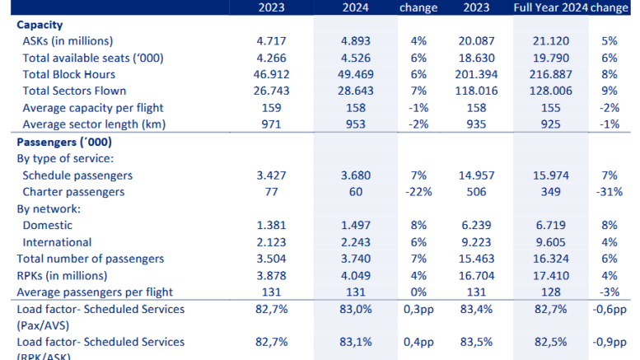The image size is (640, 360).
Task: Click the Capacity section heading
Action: click(40, 25)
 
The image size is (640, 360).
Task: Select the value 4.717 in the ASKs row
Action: click(273, 40)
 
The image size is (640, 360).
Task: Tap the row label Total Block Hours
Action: click(68, 73)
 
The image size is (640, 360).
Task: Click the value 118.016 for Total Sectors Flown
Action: click(479, 91)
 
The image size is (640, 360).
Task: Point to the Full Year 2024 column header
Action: click(548, 8)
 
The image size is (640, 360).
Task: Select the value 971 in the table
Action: click(273, 124)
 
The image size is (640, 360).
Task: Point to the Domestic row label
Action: click(48, 226)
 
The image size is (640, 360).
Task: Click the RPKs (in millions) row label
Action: click(69, 276)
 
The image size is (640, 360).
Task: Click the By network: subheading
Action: click(49, 209)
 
